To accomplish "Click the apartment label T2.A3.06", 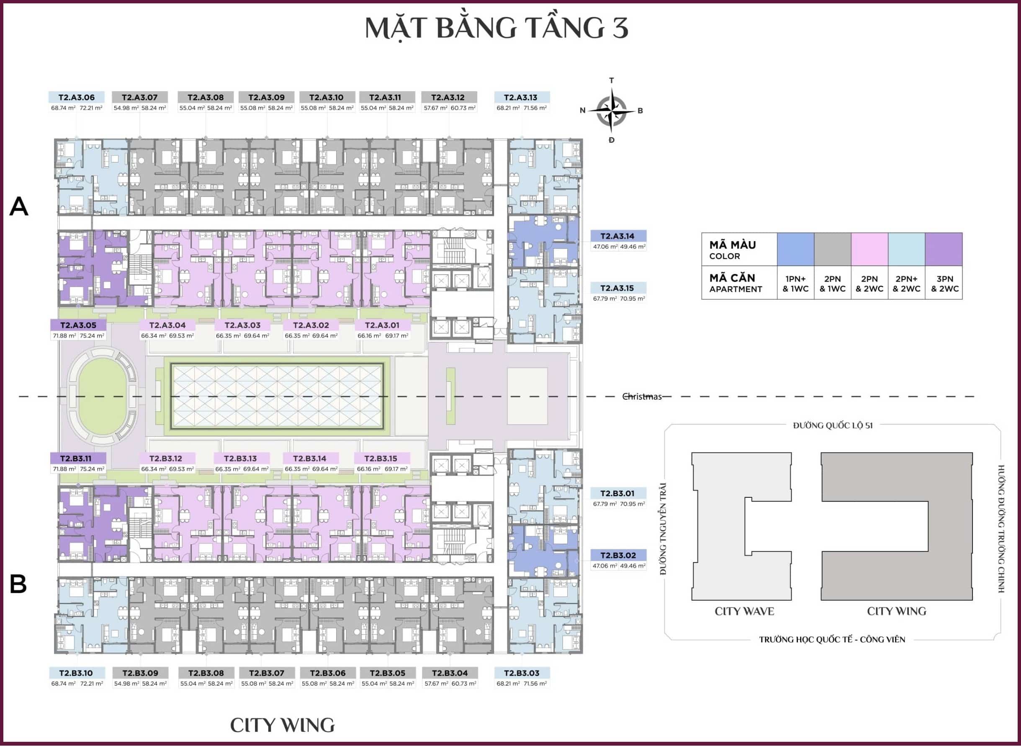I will [77, 98].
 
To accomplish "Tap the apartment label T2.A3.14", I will [617, 236].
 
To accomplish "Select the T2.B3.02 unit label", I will [618, 556].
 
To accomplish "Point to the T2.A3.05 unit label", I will [78, 325].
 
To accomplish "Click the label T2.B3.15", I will [381, 458].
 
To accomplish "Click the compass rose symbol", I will [611, 111].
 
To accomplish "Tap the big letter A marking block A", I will [19, 207].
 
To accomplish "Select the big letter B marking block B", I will [18, 584].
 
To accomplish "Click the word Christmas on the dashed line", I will [642, 396].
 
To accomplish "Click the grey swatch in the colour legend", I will [832, 249].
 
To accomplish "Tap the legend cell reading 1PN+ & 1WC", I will [795, 283].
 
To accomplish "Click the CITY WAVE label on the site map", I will [744, 611].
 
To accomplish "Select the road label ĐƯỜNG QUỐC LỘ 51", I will [833, 425].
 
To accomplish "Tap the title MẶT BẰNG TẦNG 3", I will [496, 28].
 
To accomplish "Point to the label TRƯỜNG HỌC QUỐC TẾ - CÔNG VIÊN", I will [832, 639].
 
